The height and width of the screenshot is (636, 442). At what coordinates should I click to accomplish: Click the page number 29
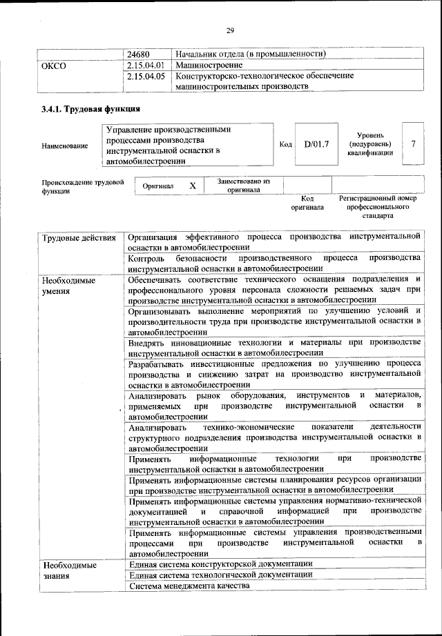230,30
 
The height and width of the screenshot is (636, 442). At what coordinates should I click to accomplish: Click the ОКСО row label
54,66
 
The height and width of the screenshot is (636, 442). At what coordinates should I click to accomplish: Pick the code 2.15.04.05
146,77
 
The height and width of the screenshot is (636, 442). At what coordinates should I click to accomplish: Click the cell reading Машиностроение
208,65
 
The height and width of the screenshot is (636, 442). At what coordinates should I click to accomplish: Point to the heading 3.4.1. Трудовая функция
90,109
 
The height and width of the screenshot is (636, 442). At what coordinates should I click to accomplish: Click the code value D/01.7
316,144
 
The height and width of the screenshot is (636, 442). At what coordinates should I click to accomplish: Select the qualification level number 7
413,144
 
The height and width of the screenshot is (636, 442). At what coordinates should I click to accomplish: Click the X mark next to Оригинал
193,186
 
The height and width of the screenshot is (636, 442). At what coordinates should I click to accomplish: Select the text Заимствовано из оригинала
244,186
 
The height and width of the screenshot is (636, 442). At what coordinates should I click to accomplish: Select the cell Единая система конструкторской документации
221,564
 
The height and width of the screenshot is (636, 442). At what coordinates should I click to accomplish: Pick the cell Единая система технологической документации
220,575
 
